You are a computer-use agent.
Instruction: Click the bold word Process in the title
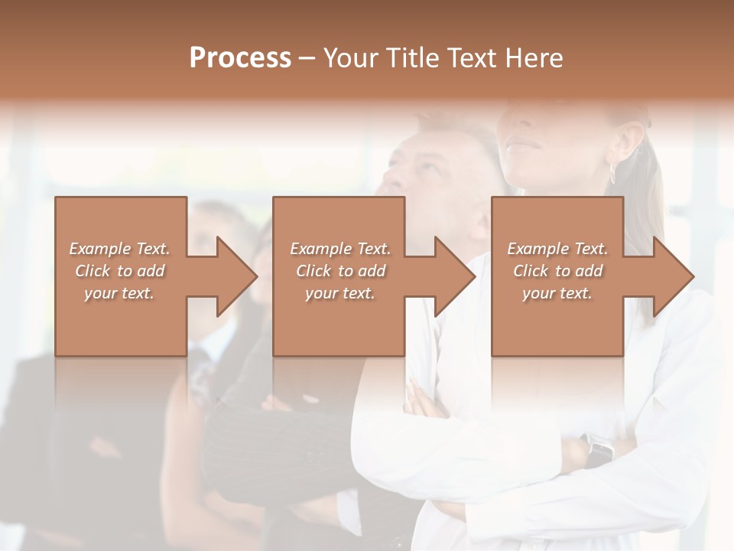pyautogui.click(x=240, y=58)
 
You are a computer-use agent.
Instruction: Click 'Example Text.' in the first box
pyautogui.click(x=119, y=249)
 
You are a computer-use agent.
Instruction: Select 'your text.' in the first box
pyautogui.click(x=119, y=293)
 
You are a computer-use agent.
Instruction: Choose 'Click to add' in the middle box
pyautogui.click(x=340, y=271)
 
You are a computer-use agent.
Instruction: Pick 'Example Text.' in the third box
pyautogui.click(x=557, y=249)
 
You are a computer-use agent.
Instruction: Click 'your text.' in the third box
pyautogui.click(x=557, y=293)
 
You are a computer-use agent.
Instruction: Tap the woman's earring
pyautogui.click(x=612, y=171)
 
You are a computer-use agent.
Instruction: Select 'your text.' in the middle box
pyautogui.click(x=340, y=293)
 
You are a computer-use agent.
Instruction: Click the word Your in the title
pyautogui.click(x=351, y=58)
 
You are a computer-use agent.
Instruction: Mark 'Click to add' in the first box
pyautogui.click(x=119, y=271)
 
